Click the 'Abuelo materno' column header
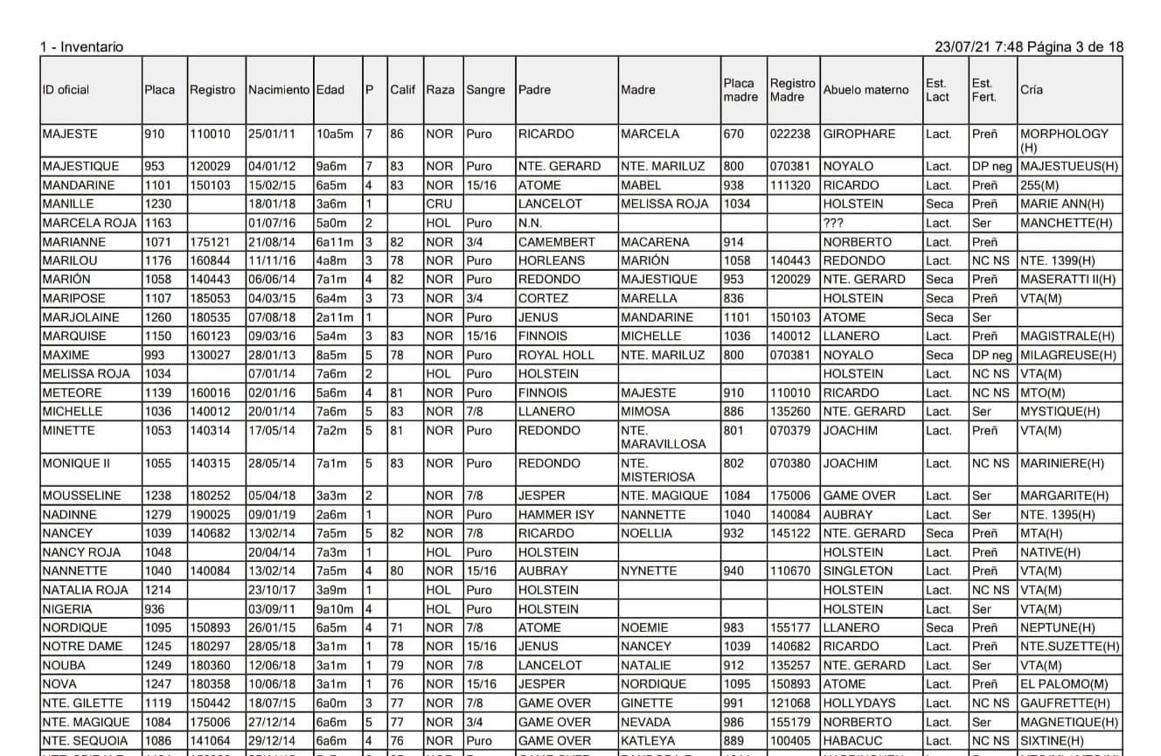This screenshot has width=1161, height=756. click(x=866, y=90)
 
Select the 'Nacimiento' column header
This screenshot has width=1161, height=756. click(x=279, y=90)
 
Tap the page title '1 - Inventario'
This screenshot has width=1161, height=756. click(x=81, y=47)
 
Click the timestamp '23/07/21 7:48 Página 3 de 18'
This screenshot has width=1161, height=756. click(x=1028, y=47)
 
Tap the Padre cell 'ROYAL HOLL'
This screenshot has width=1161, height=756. click(x=556, y=355)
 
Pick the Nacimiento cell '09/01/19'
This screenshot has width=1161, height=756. click(x=271, y=515)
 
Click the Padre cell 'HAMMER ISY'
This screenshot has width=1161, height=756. click(x=556, y=515)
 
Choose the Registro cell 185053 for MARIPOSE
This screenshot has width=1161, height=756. click(x=212, y=298)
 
